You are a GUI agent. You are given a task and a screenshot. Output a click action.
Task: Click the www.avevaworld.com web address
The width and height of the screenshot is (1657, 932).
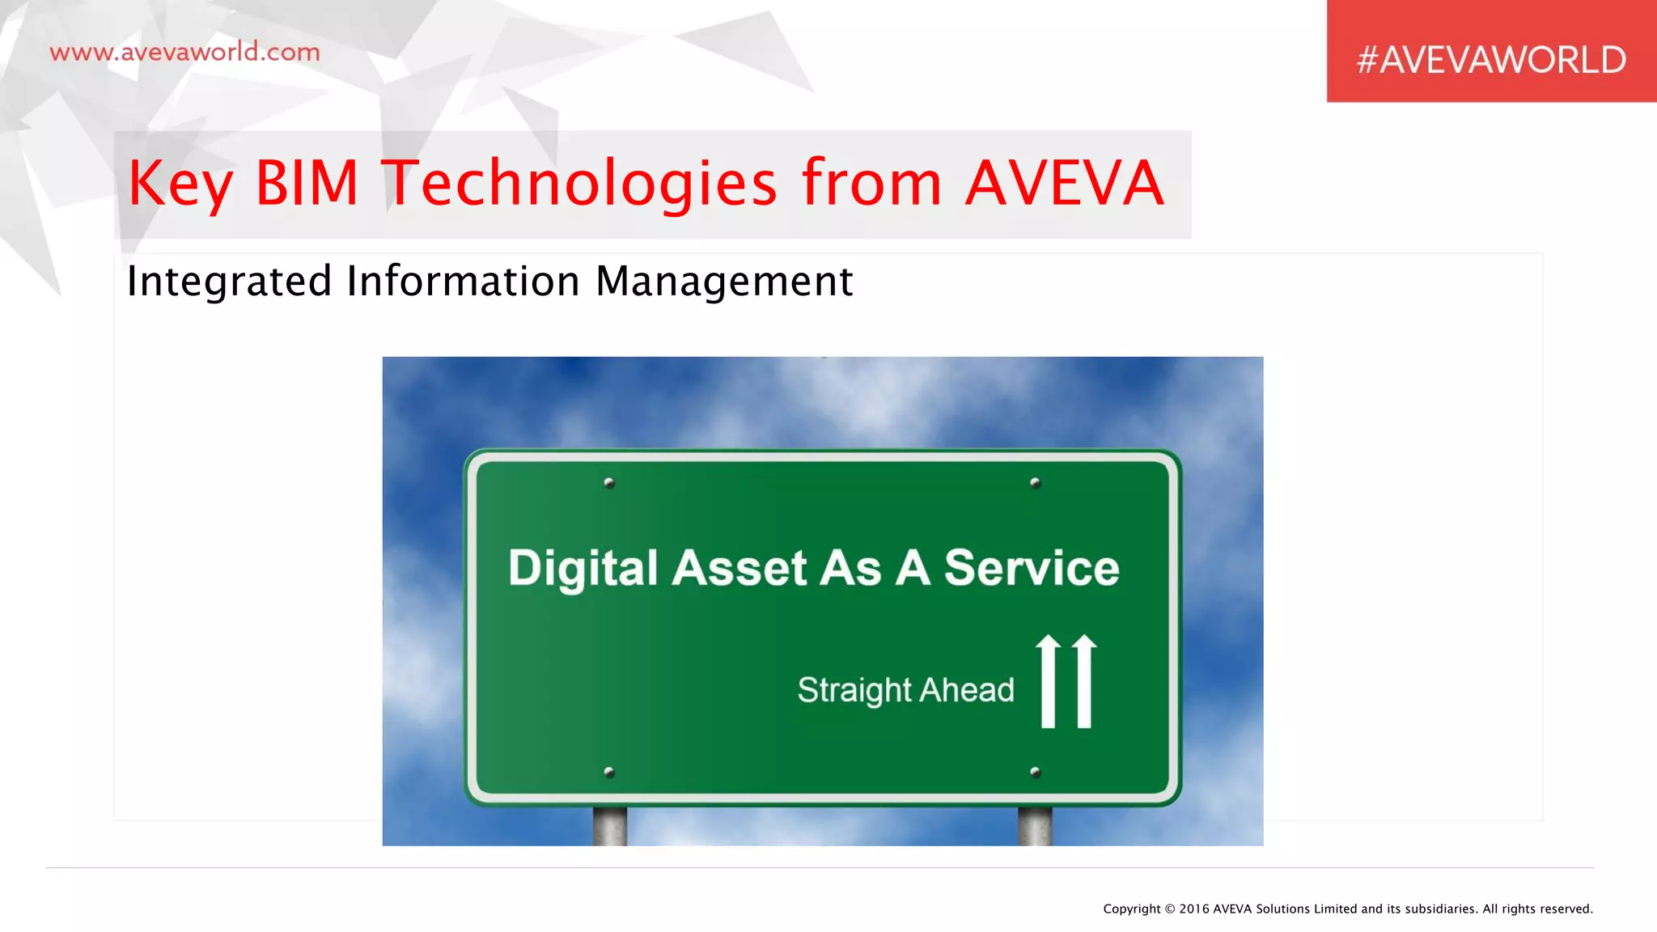pyautogui.click(x=184, y=53)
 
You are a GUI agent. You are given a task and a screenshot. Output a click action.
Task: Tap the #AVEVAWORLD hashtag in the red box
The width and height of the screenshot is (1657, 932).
pyautogui.click(x=1491, y=60)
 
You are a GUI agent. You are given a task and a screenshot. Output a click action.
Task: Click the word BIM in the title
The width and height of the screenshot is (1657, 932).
pyautogui.click(x=307, y=183)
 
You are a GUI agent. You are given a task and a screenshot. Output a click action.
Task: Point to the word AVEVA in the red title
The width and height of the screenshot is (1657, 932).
pyautogui.click(x=1065, y=183)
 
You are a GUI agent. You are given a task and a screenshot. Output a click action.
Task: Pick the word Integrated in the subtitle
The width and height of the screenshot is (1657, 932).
pyautogui.click(x=229, y=282)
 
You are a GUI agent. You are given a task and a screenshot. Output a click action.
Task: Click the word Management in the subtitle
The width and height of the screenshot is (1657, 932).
pyautogui.click(x=724, y=282)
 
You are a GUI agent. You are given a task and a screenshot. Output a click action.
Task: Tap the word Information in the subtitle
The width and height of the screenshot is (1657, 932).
pyautogui.click(x=463, y=281)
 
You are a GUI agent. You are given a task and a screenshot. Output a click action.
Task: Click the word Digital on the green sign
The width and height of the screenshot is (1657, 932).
pyautogui.click(x=583, y=568)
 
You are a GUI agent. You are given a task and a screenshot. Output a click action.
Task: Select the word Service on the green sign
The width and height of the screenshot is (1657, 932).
pyautogui.click(x=1032, y=567)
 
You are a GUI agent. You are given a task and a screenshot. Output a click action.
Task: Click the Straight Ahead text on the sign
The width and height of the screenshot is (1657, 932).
pyautogui.click(x=905, y=690)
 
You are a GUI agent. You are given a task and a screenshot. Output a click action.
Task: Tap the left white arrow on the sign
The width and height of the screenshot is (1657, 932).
pyautogui.click(x=1048, y=681)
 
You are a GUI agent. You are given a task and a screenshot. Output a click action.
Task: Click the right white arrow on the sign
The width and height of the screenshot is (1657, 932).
pyautogui.click(x=1085, y=681)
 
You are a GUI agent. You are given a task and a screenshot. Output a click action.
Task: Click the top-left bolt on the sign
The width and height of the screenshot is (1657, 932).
pyautogui.click(x=609, y=483)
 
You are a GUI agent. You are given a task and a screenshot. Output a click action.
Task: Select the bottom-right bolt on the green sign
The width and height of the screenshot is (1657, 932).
pyautogui.click(x=1035, y=772)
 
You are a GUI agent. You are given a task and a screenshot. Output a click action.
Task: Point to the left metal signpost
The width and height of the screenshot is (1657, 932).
pyautogui.click(x=609, y=826)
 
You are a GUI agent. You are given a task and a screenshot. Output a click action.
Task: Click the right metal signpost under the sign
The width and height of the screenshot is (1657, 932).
pyautogui.click(x=1035, y=826)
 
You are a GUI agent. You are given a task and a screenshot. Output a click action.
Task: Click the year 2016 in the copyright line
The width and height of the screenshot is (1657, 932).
pyautogui.click(x=1194, y=909)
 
